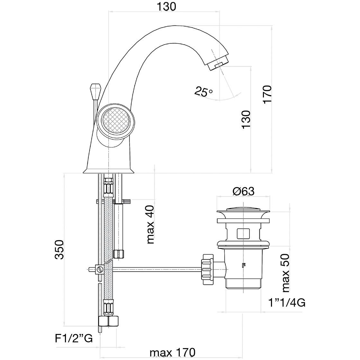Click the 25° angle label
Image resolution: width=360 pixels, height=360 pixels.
[203, 92]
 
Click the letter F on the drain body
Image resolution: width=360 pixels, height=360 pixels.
[243, 265]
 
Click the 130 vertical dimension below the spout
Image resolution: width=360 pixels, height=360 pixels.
[246, 120]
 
